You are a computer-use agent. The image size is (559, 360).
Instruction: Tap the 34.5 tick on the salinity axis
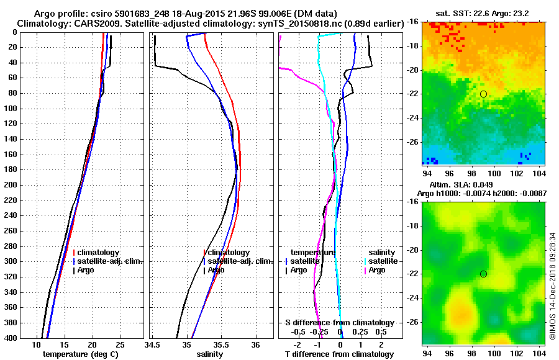[x=153, y=345]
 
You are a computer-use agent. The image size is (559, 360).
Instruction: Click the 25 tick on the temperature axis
[x=120, y=345]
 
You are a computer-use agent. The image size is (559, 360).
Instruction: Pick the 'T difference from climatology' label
[x=339, y=354]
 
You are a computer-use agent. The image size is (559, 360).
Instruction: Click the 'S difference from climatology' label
[x=339, y=323]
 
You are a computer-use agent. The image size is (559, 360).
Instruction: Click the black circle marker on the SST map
[x=483, y=94]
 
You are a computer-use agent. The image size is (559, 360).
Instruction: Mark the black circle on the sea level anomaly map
[x=483, y=274]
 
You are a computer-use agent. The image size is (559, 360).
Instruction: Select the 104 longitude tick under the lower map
[x=539, y=353]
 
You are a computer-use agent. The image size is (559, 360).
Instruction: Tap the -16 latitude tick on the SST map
[x=412, y=21]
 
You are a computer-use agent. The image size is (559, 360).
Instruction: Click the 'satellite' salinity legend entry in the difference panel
[x=382, y=261]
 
